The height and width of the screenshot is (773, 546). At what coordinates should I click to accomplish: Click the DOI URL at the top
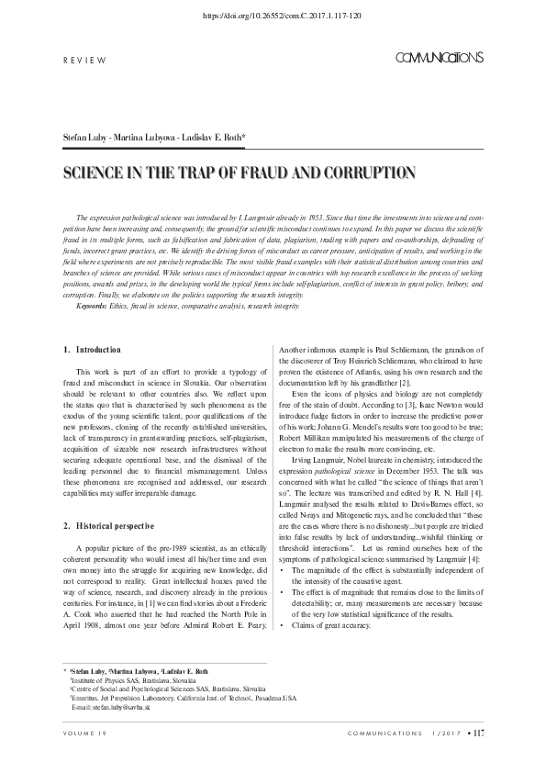pyautogui.click(x=273, y=16)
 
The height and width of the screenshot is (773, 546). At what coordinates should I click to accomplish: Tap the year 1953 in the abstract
pyautogui.click(x=318, y=212)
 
